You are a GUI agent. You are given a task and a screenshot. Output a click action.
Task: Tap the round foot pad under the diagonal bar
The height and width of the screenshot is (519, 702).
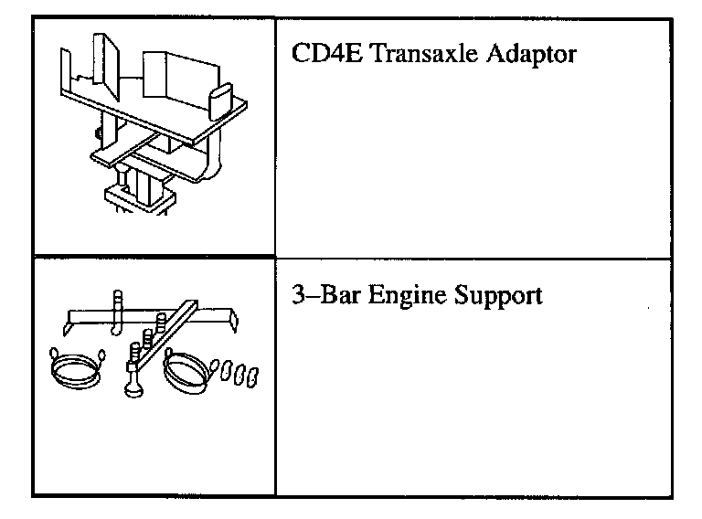[x=133, y=387]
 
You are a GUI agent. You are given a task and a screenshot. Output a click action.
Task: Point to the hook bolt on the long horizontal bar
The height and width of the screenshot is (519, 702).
[x=116, y=309]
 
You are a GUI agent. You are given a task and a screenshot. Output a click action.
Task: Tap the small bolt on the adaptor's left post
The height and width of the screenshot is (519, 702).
[x=96, y=133]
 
